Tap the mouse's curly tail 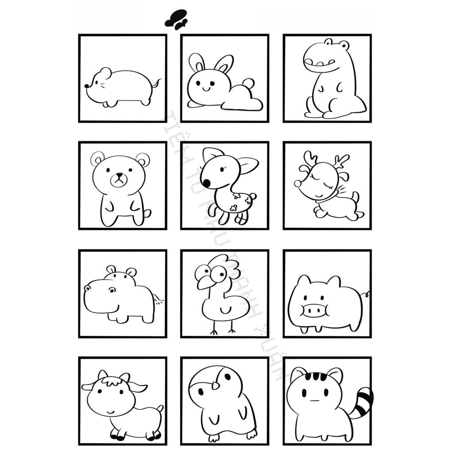(156, 83)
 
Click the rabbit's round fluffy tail (248, 83)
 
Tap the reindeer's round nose (297, 184)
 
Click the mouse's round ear (106, 73)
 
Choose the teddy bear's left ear (98, 159)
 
